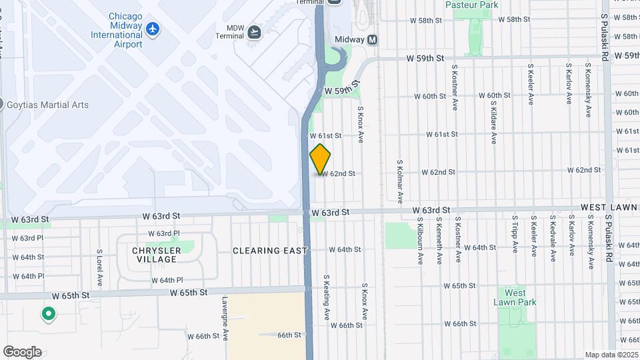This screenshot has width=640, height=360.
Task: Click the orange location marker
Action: point(320,159)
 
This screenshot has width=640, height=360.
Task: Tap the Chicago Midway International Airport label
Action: point(117,30)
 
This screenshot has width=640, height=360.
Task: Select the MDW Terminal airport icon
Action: point(254,32)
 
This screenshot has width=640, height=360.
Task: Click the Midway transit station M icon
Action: point(373,40)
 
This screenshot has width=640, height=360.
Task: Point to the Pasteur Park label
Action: point(472,5)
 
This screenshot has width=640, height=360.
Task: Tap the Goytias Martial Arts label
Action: point(47,105)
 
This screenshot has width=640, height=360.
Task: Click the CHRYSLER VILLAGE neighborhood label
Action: point(157,255)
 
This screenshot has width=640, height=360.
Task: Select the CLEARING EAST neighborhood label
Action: point(270,251)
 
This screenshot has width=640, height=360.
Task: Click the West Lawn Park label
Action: point(515,297)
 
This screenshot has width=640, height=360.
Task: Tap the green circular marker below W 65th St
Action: point(48,313)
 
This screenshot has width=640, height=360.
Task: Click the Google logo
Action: point(22,352)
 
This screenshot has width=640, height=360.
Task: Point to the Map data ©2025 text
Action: point(611,355)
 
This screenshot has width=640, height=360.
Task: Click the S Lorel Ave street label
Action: point(99,265)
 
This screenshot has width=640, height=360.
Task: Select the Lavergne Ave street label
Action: point(225,325)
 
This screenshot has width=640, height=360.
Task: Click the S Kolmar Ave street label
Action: point(400,181)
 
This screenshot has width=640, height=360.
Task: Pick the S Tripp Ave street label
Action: point(515,234)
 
